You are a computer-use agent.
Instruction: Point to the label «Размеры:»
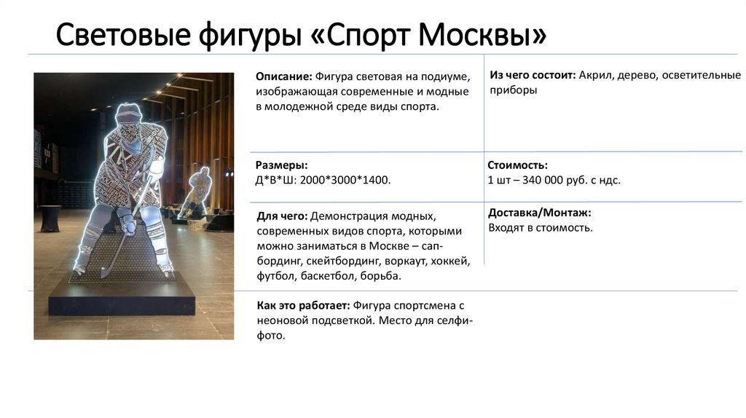(281, 165)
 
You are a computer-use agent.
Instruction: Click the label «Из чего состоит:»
(533, 75)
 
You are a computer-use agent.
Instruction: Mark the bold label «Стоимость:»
(517, 165)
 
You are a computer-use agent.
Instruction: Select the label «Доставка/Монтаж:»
(539, 213)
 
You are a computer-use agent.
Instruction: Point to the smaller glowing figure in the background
(199, 189)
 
